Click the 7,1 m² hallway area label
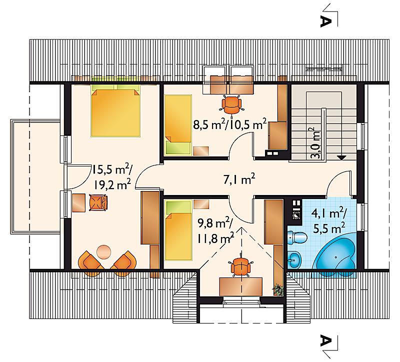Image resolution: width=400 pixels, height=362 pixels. pos(239,180)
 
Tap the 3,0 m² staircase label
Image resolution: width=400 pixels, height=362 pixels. pos(316,143)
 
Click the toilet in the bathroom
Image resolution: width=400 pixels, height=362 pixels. pos(297,237)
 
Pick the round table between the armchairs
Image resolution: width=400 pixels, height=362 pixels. pos(104,252)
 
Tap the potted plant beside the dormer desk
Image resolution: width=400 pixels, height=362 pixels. pos(278,290)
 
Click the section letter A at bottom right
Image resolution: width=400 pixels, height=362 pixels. pos(326,340)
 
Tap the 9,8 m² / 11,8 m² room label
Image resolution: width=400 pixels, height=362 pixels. pos(215,230)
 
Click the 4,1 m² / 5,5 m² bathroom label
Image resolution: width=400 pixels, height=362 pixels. pos(328,221)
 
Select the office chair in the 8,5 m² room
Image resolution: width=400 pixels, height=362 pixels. pos(231,105)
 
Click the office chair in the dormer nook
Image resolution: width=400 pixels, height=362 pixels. pos(240,266)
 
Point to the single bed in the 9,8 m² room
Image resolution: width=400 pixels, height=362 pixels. pos(178,230)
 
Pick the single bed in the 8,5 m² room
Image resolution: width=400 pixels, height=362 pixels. pos(178,125)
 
